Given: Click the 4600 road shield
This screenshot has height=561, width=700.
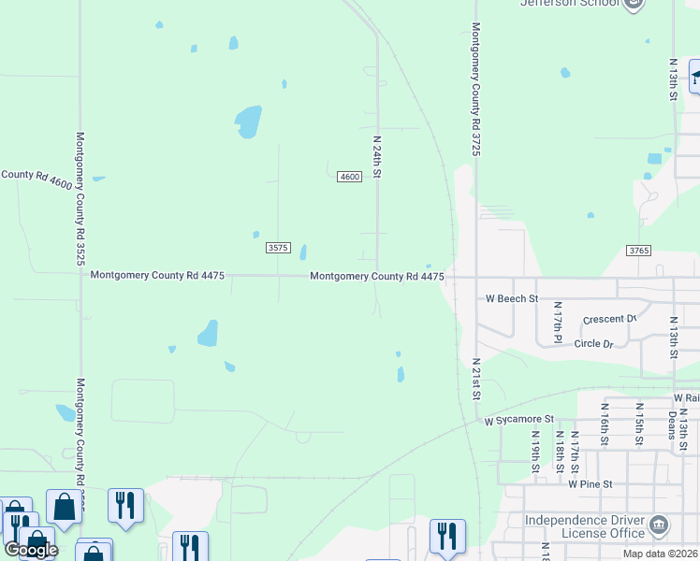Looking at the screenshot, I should (350, 177).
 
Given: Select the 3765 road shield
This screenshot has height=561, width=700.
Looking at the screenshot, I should (638, 251).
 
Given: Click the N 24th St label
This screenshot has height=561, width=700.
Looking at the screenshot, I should (378, 157).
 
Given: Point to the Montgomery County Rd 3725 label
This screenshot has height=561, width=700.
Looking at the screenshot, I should (475, 89).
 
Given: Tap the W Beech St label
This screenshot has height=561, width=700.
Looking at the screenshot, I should (512, 299).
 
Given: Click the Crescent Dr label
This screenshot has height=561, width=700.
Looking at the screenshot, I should (608, 320).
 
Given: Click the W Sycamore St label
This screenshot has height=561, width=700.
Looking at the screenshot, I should (519, 421).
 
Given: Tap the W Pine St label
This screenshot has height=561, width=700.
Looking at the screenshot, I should (590, 484).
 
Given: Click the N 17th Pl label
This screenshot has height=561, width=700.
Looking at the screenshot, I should (556, 319).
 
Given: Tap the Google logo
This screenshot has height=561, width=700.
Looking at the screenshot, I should (31, 550).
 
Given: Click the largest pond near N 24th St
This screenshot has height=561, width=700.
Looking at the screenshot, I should (248, 122).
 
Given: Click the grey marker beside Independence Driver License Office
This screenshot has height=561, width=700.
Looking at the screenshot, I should (659, 525).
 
